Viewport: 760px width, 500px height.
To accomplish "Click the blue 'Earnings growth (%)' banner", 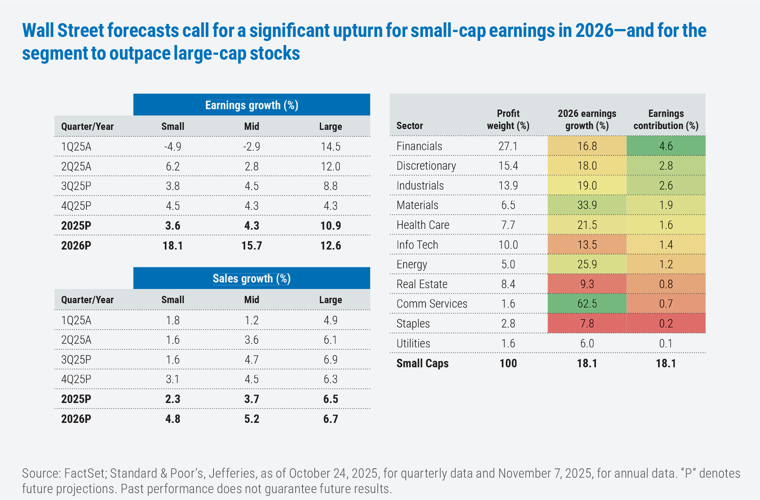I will [x=251, y=105].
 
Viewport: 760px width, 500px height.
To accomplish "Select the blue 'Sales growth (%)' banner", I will [x=251, y=278].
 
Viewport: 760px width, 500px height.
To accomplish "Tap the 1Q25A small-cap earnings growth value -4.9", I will [x=173, y=147].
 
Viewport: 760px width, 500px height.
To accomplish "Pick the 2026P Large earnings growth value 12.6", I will [x=330, y=246].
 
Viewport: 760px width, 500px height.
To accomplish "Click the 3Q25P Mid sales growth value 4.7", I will [x=251, y=360].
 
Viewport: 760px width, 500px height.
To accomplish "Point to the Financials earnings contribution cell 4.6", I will [x=666, y=146].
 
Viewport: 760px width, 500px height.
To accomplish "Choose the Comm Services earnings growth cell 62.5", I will [x=587, y=304].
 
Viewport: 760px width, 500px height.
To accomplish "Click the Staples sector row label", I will [x=413, y=323].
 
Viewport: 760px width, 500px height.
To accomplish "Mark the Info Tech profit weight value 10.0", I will [x=508, y=245].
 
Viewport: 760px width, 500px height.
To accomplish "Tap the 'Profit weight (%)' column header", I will [x=508, y=120].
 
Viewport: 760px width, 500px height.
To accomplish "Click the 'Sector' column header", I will [x=410, y=126].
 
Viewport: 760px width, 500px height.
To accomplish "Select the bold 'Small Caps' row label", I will [x=422, y=363].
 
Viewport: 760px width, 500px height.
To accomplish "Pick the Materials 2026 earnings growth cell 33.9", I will [x=587, y=205].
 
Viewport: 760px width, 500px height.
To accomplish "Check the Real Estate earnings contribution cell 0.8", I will [x=666, y=284].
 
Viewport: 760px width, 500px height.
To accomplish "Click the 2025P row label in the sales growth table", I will [x=76, y=399].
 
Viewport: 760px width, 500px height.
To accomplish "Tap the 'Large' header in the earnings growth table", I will [x=330, y=127].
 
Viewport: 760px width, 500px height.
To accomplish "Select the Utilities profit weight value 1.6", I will [x=508, y=343].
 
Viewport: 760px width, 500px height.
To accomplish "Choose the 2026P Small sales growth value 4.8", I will [x=173, y=419].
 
